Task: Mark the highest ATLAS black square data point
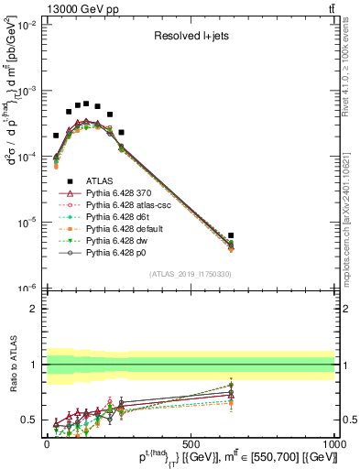tap(86, 104)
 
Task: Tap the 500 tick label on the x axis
tap(191, 442)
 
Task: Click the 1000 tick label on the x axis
tap(333, 442)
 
